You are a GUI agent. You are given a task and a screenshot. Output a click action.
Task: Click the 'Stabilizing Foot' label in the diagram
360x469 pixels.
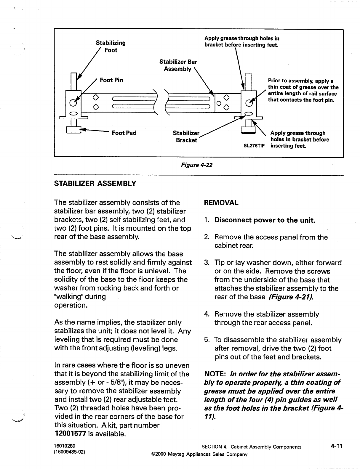click(111, 46)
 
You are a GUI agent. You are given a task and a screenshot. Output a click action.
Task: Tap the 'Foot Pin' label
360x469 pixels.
click(111, 80)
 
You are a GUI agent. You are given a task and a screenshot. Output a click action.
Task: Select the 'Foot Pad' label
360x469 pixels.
click(124, 133)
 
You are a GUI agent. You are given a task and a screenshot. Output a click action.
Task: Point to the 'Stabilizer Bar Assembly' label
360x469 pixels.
click(178, 65)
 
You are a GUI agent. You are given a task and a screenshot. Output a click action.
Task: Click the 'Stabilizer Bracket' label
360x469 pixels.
click(186, 136)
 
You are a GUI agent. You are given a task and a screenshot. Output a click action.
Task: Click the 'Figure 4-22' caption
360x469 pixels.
click(196, 165)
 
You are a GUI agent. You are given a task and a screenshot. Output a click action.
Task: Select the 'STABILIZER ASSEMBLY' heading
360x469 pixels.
click(95, 184)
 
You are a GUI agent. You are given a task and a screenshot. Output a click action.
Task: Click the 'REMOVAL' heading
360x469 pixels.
click(221, 203)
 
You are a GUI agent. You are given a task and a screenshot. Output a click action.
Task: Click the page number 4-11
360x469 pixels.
click(337, 446)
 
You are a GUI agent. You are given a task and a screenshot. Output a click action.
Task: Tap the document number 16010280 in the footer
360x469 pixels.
click(65, 446)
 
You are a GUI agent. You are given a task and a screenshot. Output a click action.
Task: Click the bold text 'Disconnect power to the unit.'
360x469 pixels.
click(265, 220)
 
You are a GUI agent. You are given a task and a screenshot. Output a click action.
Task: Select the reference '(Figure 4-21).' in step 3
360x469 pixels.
click(291, 297)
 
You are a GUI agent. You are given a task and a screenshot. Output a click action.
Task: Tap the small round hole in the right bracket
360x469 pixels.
click(218, 103)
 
